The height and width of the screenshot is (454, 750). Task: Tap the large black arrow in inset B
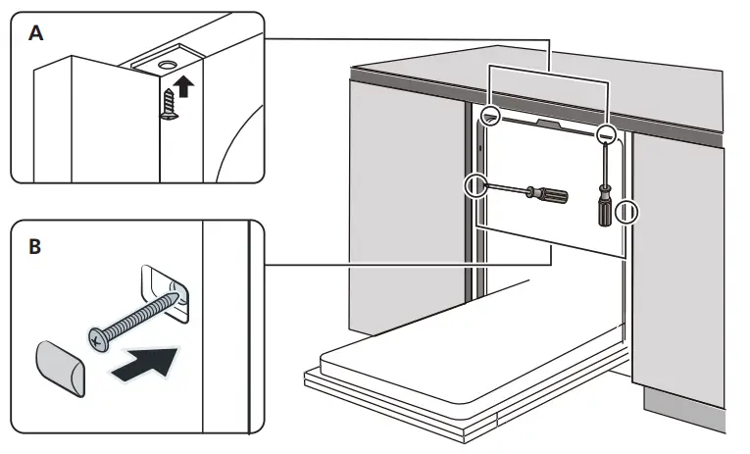(x=148, y=364)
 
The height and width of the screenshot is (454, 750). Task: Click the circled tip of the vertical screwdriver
(x=608, y=134)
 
